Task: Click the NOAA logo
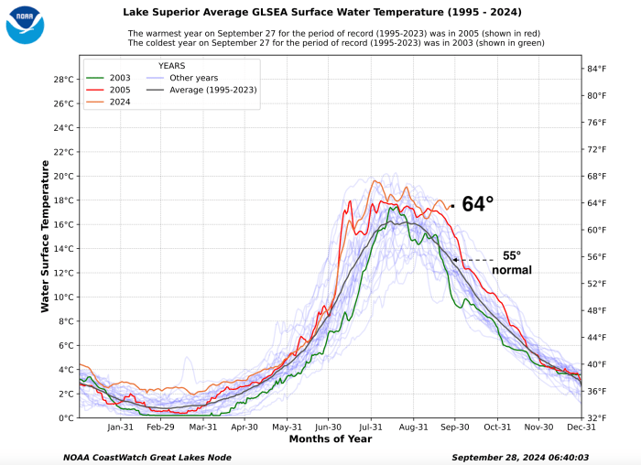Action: [x=25, y=25]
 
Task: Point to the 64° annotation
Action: [x=477, y=204]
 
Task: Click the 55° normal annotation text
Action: [x=512, y=264]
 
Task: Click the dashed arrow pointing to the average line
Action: [x=475, y=260]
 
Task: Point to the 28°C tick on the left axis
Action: [x=63, y=79]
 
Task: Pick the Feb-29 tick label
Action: [x=161, y=427]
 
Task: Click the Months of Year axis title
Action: [x=329, y=438]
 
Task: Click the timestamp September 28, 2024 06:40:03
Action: [x=519, y=457]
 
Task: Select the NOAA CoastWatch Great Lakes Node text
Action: [x=147, y=457]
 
